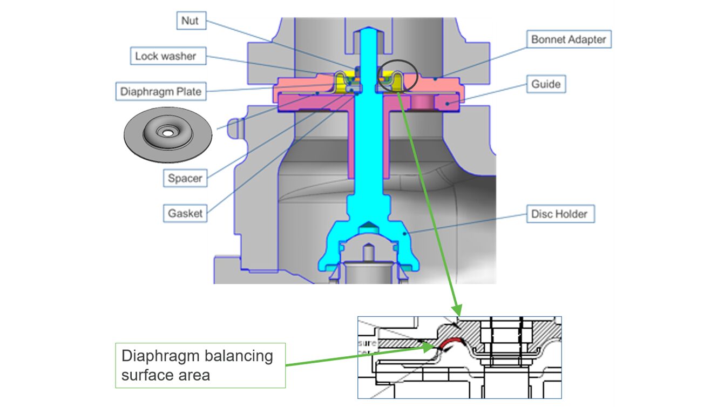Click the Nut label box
point(190,21)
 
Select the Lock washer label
point(166,56)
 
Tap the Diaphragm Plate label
point(160,91)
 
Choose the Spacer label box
point(185,178)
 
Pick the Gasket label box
point(185,213)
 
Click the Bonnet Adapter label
point(568,39)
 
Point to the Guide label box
point(546,84)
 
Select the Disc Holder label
point(559,214)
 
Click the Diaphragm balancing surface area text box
point(200,365)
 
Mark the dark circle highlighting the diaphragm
point(397,76)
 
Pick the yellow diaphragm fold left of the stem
point(341,81)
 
